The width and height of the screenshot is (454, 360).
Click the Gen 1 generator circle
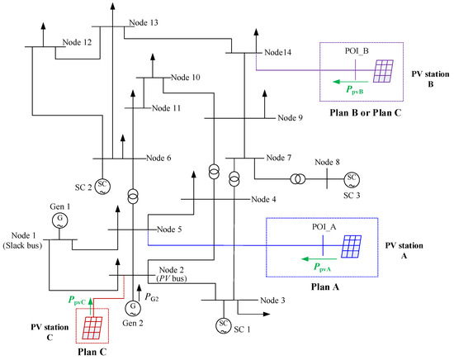pos(59,220)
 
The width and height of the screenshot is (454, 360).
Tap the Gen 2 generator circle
pos(133,309)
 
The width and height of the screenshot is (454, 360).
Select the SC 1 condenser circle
pos(224,326)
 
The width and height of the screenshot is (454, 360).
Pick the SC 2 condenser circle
pos(102,187)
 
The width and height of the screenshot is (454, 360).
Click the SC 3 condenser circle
pos(352,179)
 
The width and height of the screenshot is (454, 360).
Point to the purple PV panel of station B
pos(383,71)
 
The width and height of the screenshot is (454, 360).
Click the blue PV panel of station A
pos(352,247)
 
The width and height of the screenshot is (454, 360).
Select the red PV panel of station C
pos(92,328)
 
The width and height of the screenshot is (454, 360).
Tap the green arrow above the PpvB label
pos(351,82)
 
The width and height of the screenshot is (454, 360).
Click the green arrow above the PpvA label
pos(319,258)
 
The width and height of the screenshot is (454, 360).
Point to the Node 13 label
pos(144,22)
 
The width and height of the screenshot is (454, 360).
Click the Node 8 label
pos(327,162)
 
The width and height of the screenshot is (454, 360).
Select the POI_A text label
pos(324,227)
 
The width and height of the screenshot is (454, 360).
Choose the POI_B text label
pos(357,51)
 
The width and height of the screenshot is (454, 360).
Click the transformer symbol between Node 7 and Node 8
pos(298,179)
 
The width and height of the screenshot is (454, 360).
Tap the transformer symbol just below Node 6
pos(133,197)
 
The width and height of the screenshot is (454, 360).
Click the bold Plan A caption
pos(325,287)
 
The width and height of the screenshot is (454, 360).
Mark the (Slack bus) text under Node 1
pos(22,245)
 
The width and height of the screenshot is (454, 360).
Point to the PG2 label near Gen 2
pos(152,297)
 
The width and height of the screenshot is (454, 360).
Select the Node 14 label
pos(277,52)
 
